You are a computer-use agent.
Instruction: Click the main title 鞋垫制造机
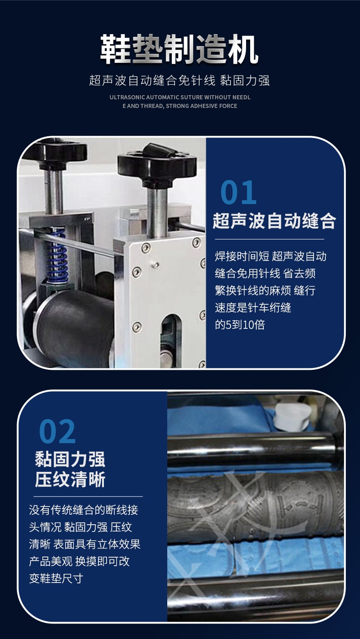(x=179, y=49)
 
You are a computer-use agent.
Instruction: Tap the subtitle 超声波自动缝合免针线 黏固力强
(x=179, y=80)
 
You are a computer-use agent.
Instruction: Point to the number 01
(x=238, y=192)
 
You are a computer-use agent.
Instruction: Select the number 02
(x=57, y=431)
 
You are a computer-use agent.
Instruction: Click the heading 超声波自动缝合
(x=274, y=221)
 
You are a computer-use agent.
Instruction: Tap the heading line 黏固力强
(x=70, y=459)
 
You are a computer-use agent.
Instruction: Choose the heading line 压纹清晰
(x=70, y=479)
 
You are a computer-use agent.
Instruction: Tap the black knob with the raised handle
(x=157, y=164)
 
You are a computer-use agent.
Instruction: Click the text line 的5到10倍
(x=240, y=325)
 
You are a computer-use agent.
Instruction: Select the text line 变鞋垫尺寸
(x=56, y=578)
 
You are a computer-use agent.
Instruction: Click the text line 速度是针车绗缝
(x=253, y=307)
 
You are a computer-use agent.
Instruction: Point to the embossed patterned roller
(x=256, y=507)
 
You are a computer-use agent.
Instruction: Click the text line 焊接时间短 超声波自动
(x=271, y=256)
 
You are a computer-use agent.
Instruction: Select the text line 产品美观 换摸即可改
(x=79, y=561)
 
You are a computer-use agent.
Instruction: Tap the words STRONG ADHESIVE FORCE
(x=201, y=106)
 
